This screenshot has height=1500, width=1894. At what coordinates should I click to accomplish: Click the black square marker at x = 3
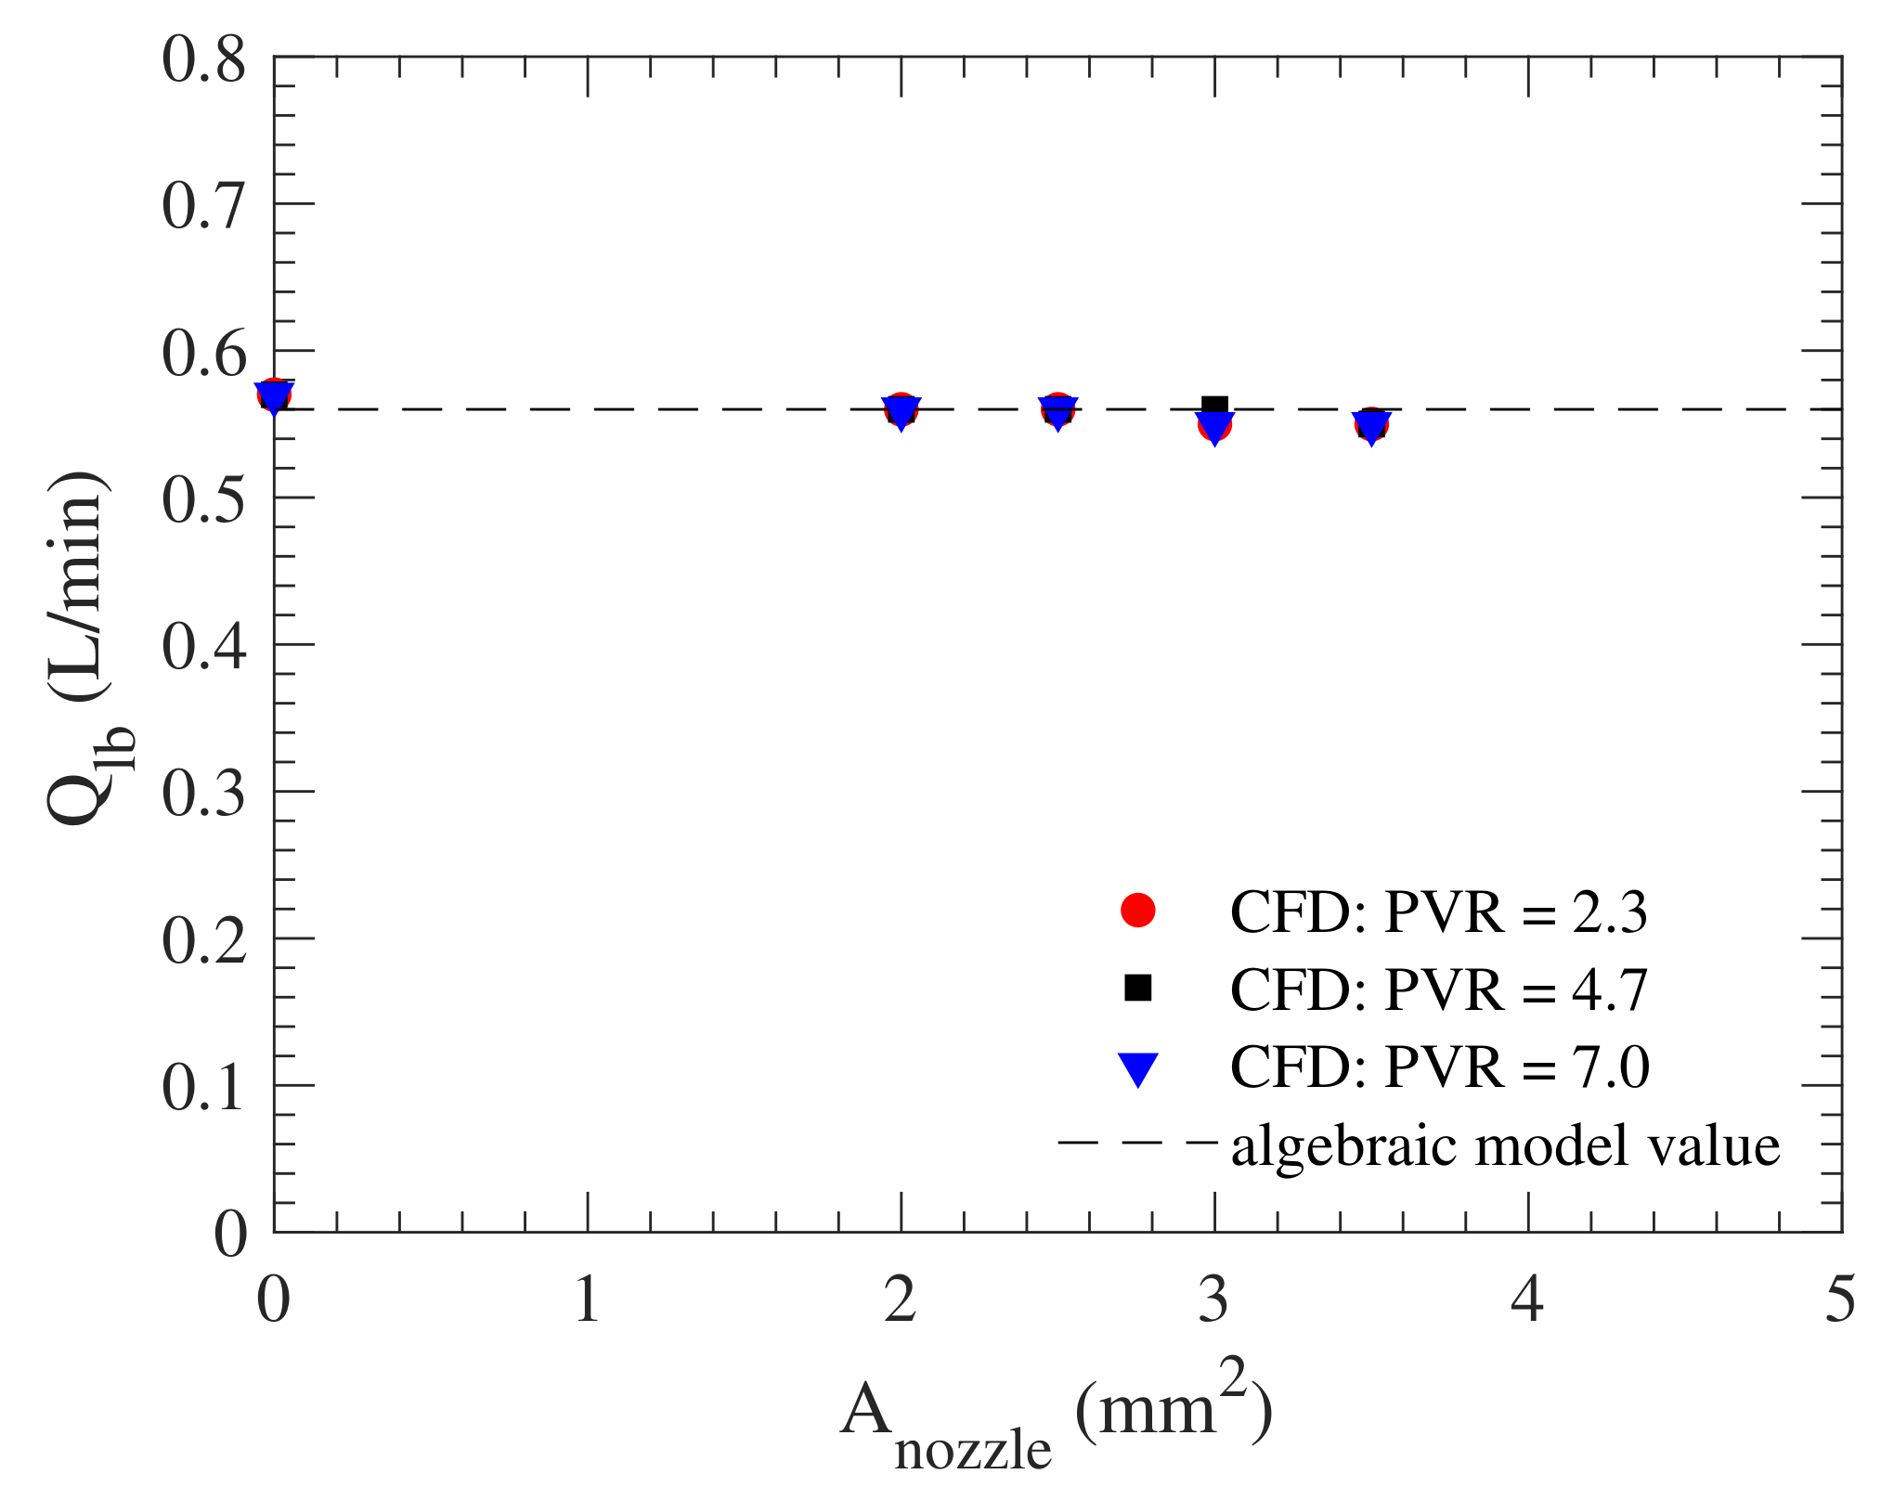[1214, 406]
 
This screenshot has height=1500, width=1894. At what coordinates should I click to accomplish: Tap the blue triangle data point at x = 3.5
[1371, 428]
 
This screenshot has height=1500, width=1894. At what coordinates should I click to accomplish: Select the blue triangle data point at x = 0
[275, 396]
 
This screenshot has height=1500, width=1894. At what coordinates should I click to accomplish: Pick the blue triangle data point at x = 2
[901, 411]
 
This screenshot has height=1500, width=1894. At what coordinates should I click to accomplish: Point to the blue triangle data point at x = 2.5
[1057, 411]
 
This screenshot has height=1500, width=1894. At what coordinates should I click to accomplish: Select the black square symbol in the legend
[1137, 988]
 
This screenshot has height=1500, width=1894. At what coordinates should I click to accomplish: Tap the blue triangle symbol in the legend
[1137, 1068]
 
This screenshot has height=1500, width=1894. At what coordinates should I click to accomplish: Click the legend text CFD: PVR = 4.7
[1438, 989]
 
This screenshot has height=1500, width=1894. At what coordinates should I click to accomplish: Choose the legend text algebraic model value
[1505, 1145]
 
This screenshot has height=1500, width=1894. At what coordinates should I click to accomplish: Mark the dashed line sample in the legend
[1137, 1143]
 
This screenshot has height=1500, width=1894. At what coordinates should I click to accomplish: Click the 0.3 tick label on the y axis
[203, 794]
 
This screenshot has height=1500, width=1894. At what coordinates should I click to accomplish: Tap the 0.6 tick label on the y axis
[203, 353]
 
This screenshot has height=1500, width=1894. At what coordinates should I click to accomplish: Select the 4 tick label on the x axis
[1527, 1299]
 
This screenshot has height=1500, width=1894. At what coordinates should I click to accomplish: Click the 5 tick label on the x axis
[1839, 1299]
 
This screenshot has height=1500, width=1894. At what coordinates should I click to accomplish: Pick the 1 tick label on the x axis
[587, 1299]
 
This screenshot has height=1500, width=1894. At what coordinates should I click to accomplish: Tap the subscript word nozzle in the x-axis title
[972, 1452]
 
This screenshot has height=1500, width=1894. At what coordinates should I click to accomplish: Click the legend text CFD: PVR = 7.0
[1438, 1067]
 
